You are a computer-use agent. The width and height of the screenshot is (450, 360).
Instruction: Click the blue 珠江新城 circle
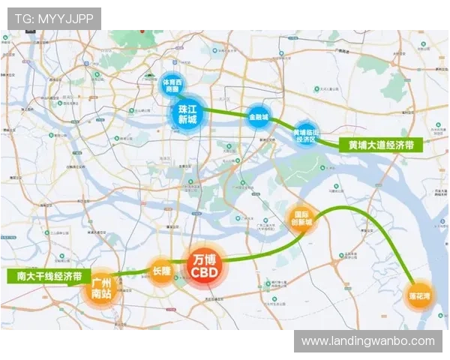[186, 114]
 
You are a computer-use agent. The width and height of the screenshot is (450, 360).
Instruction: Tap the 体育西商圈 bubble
[172, 85]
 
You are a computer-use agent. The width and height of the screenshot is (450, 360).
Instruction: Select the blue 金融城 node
[258, 115]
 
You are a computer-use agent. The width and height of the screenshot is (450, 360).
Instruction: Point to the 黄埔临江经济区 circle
[305, 133]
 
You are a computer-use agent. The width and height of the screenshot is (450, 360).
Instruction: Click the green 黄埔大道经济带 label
[381, 145]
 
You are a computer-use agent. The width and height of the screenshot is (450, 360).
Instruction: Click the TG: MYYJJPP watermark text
[54, 18]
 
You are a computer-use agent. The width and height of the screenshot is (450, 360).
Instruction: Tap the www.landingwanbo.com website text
[367, 341]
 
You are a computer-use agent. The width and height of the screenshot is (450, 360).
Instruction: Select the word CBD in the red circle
[204, 273]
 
